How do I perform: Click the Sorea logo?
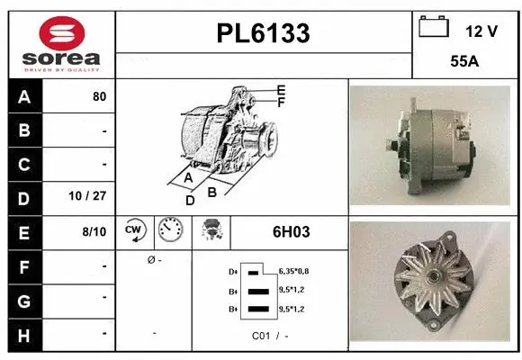click(x=61, y=45)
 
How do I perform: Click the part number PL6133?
click(x=264, y=33)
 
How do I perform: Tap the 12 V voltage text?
click(x=481, y=31)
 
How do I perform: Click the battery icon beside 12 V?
click(x=434, y=27)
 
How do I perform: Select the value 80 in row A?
click(x=99, y=96)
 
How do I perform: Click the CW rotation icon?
click(x=135, y=231)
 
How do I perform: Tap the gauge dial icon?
click(x=169, y=231)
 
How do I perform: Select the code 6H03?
click(x=291, y=231)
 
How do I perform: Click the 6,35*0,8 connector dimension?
click(x=294, y=271)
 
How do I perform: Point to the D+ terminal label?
click(x=233, y=271)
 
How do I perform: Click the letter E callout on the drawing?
click(x=281, y=90)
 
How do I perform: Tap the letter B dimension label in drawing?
click(x=212, y=191)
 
